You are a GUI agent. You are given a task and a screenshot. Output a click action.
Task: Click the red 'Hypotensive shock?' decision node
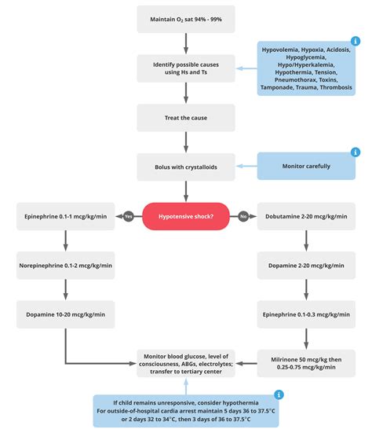(185, 216)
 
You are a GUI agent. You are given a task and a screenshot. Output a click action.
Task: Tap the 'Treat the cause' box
(185, 117)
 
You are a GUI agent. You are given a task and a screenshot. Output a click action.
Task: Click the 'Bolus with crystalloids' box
(185, 167)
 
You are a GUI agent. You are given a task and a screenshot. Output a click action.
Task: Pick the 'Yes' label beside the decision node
(128, 216)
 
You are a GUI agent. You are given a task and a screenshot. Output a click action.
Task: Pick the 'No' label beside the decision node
(243, 216)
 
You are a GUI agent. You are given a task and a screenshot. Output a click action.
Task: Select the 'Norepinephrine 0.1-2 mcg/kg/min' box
(66, 266)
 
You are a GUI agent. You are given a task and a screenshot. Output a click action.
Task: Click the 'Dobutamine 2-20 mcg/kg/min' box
(305, 216)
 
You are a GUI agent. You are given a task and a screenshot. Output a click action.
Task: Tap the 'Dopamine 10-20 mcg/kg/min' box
(66, 314)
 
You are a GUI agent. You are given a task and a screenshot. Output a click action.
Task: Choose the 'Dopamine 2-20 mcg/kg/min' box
(305, 266)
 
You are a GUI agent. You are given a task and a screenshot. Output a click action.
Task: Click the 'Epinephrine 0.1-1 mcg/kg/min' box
(66, 216)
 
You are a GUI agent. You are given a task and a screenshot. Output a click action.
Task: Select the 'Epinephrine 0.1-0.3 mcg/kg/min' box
(305, 314)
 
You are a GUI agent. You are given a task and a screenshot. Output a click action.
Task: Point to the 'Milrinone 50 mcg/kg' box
(305, 363)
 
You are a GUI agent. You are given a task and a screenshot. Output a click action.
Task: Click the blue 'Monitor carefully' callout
(305, 167)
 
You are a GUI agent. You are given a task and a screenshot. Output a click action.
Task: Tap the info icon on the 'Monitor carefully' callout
(355, 152)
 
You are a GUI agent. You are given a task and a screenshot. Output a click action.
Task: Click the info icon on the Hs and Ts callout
(355, 42)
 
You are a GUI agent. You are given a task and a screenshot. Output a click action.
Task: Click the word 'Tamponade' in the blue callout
(283, 87)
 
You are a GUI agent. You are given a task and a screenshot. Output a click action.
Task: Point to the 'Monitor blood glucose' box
(185, 363)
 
